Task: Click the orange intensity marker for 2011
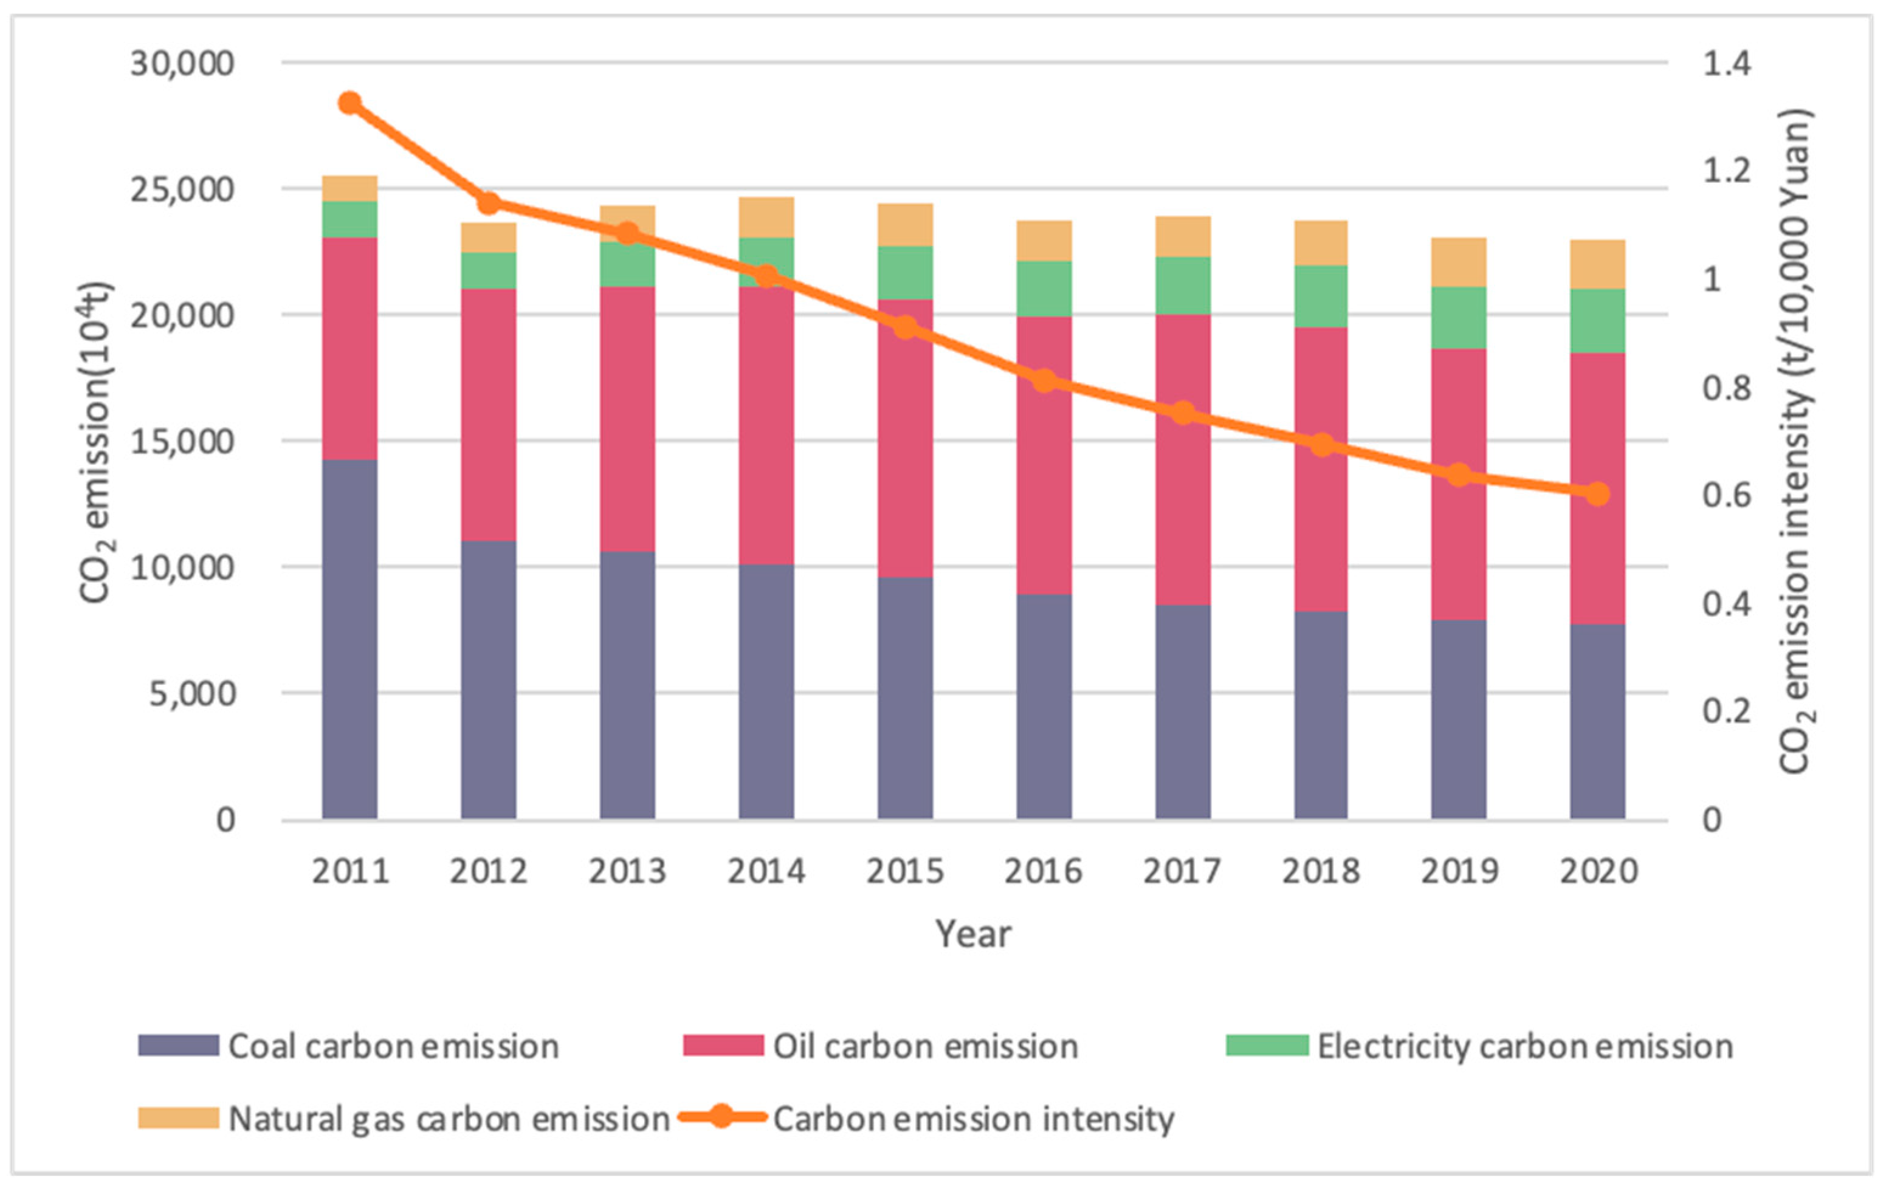(349, 103)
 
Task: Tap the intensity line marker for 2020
(1597, 493)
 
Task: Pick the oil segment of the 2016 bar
(1044, 456)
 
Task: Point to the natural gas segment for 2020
(1597, 264)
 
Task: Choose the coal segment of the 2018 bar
(1321, 715)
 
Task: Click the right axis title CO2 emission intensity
(1796, 442)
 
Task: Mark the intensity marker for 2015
(905, 327)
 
